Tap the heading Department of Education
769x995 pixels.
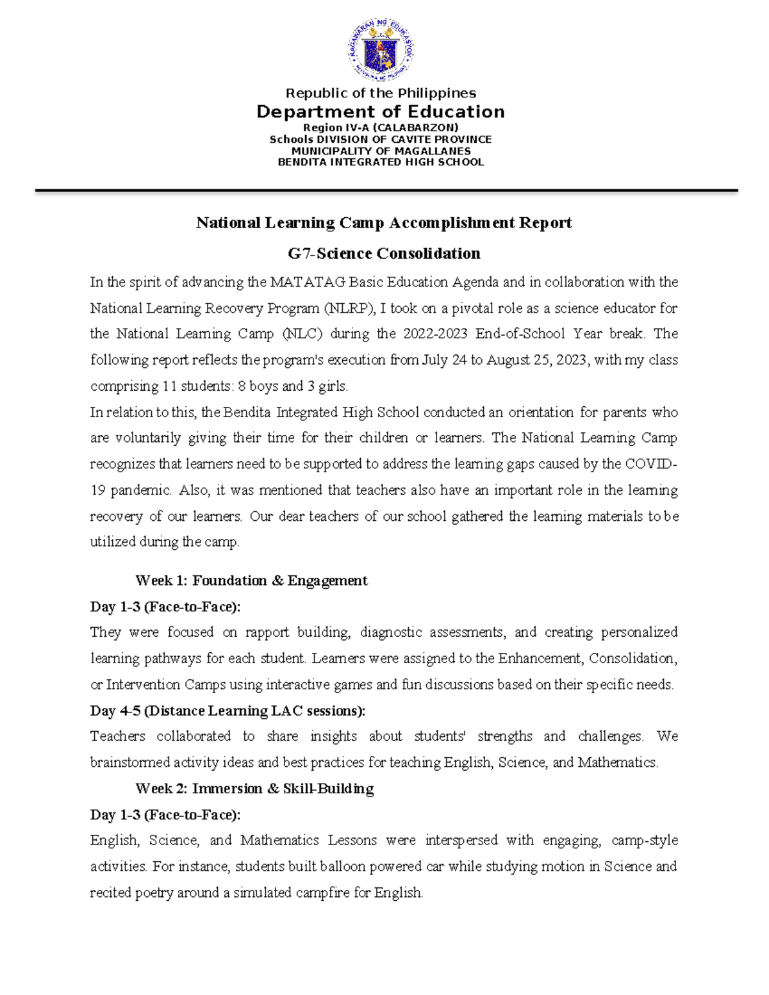381,112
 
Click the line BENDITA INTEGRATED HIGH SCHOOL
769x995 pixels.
381,162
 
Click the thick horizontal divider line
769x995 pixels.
386,190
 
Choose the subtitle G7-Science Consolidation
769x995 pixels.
384,254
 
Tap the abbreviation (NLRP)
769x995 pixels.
349,309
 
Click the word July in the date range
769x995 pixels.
435,360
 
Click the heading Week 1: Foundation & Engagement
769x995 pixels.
251,581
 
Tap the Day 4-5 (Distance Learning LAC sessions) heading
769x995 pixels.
228,711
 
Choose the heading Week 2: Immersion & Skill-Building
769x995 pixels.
254,789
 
